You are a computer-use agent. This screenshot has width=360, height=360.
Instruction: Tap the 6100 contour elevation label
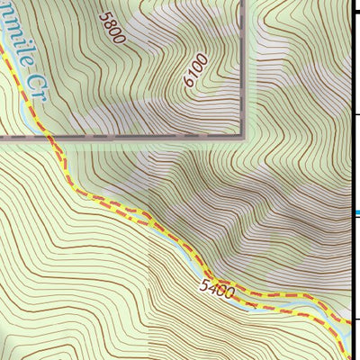click(x=194, y=70)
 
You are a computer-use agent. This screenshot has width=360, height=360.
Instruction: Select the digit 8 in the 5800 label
click(x=112, y=22)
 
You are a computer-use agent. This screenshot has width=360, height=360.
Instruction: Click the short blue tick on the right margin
click(x=355, y=213)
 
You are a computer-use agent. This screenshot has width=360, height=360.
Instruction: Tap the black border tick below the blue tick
click(x=355, y=319)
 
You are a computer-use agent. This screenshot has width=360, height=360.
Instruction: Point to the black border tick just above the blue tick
click(x=355, y=115)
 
